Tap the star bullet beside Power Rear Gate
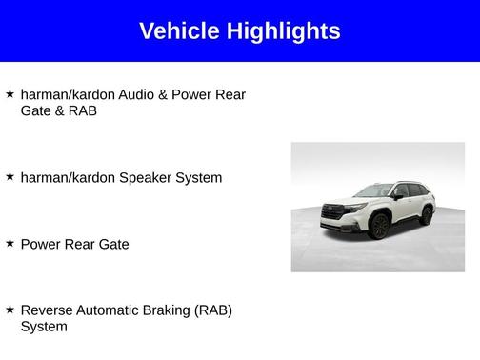(x=10, y=243)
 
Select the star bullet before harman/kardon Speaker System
(x=10, y=176)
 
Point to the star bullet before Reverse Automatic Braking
(x=10, y=310)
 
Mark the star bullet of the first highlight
(x=10, y=93)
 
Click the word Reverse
(x=47, y=310)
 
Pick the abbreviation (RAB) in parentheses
(x=213, y=310)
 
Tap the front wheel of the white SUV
(x=378, y=228)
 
